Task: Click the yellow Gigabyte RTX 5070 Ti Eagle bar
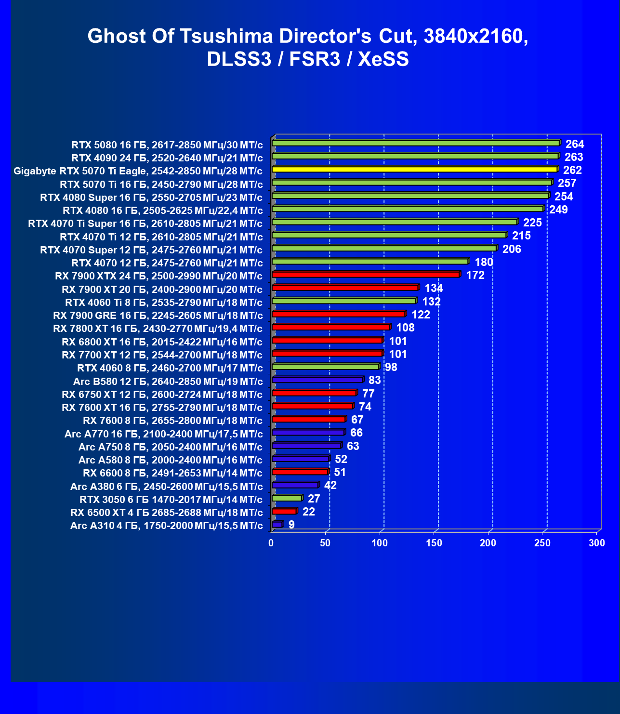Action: click(x=414, y=170)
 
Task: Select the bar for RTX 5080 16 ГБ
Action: click(x=415, y=143)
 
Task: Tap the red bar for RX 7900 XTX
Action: click(x=366, y=275)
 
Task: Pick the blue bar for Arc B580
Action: click(x=317, y=380)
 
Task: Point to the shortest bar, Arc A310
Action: click(x=277, y=524)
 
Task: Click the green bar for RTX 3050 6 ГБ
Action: click(x=287, y=498)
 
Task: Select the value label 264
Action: click(x=575, y=144)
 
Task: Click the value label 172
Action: click(x=475, y=275)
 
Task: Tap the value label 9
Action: click(x=291, y=525)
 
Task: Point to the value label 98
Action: click(x=391, y=367)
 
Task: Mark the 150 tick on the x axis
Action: click(x=434, y=543)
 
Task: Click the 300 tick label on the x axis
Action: click(x=597, y=543)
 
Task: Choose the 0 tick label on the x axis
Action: click(x=271, y=543)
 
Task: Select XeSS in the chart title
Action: click(x=383, y=59)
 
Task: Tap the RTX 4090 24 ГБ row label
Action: click(x=167, y=158)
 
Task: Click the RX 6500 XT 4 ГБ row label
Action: click(x=166, y=512)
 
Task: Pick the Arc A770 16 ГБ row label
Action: click(x=163, y=434)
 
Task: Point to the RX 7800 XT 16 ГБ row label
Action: click(x=158, y=329)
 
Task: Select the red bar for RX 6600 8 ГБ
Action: click(x=300, y=472)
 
